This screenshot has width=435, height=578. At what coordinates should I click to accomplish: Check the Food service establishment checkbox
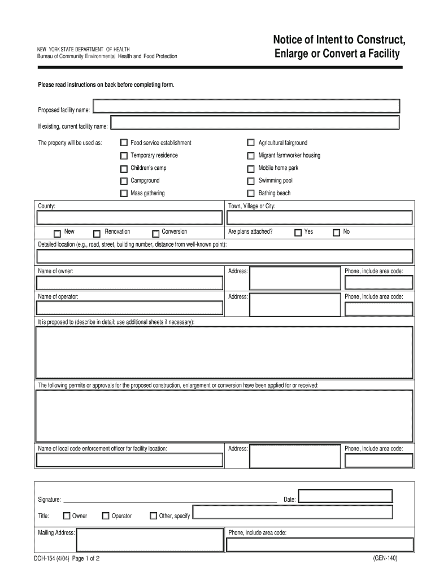[124, 143]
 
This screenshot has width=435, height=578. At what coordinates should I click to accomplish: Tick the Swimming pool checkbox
[251, 181]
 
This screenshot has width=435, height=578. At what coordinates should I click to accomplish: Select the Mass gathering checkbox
[124, 194]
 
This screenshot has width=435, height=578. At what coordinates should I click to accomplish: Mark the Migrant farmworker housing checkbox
[251, 156]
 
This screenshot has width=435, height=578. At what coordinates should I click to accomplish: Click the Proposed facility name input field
[246, 106]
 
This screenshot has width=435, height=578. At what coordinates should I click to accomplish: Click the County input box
[129, 218]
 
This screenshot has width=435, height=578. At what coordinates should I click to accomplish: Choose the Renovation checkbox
[97, 233]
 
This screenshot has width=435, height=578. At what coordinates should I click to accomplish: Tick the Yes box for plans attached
[297, 233]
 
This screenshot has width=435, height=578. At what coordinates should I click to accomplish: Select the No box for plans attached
[336, 233]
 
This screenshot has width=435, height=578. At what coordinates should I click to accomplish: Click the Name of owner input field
[129, 282]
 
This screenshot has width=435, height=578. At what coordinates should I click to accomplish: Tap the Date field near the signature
[345, 496]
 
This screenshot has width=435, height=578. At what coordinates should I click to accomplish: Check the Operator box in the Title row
[106, 515]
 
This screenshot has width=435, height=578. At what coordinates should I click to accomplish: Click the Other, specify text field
[292, 513]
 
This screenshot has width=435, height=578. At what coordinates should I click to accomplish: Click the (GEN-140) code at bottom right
[385, 559]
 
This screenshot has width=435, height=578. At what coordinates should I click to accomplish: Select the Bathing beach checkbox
[251, 194]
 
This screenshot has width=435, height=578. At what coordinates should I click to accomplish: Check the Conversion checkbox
[155, 233]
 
